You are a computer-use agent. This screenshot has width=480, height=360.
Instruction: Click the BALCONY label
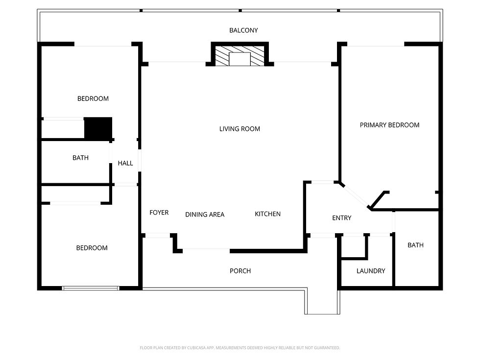(x=243, y=30)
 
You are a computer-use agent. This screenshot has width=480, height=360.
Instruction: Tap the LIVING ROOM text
(x=240, y=129)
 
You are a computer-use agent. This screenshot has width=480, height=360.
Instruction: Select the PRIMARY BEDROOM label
(x=389, y=125)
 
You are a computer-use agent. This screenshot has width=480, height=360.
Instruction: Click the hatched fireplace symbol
(x=240, y=56)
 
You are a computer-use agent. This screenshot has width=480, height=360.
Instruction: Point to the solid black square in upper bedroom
(x=98, y=128)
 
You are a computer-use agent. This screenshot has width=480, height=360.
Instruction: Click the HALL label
(x=125, y=163)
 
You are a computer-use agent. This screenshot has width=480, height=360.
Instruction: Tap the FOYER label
(x=159, y=213)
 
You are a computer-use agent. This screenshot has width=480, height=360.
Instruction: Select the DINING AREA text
(x=205, y=215)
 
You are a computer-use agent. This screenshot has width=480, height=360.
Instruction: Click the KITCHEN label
(x=268, y=214)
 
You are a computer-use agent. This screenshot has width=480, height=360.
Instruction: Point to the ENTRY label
(x=341, y=218)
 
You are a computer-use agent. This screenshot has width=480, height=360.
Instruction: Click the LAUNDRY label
(x=371, y=271)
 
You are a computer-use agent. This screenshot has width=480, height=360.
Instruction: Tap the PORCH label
(x=240, y=271)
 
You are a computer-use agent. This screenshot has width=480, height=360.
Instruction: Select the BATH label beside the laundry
(x=416, y=245)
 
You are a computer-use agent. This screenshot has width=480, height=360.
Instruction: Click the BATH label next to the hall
(x=80, y=158)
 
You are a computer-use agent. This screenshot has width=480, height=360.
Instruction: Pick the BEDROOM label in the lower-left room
(x=92, y=248)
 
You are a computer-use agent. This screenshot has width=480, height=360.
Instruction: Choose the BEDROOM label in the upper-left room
(x=93, y=98)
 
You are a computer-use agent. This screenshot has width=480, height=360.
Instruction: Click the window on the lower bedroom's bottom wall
(x=91, y=288)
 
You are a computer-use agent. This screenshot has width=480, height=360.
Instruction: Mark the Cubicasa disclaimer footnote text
(x=240, y=348)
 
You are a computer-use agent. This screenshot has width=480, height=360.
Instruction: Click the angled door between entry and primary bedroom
(x=355, y=196)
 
